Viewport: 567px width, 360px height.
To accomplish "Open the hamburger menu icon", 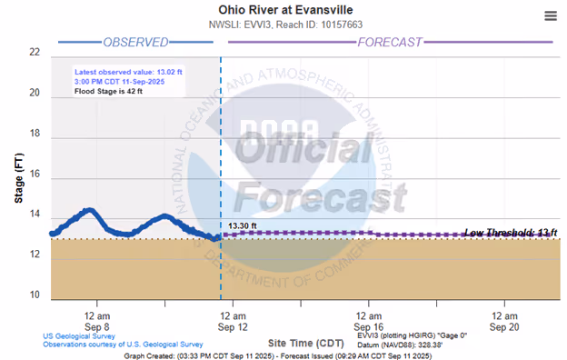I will [x=551, y=15].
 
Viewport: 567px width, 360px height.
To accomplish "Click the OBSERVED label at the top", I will [x=135, y=43].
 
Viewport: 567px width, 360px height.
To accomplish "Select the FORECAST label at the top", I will [x=390, y=43].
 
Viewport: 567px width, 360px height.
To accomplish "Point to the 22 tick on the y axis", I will [x=35, y=53].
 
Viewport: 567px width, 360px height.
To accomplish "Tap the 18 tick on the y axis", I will [x=35, y=134].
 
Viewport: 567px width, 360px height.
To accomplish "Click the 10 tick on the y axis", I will [x=35, y=295].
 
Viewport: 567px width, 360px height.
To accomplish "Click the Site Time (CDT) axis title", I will [x=305, y=344].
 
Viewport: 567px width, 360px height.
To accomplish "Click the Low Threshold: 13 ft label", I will [x=510, y=234].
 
